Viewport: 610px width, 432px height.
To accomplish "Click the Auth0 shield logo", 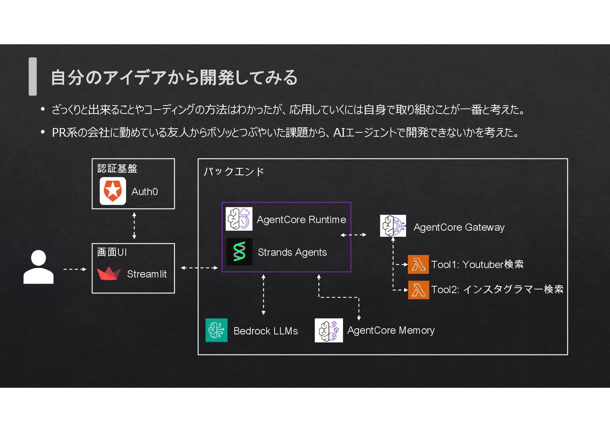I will (113, 191).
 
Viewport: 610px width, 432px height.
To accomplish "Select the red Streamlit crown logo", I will (109, 273).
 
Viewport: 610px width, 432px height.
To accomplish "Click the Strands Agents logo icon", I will (239, 252).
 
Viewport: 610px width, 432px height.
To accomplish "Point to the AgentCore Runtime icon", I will (239, 219).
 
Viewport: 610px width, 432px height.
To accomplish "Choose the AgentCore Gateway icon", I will (393, 226).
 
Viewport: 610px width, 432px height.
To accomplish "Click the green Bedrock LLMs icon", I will (217, 330).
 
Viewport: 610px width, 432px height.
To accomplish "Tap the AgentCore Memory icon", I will (329, 330).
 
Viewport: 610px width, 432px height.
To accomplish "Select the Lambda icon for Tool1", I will (418, 264).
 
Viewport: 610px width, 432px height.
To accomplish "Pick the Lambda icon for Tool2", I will (418, 290).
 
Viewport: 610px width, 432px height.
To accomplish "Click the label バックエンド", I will (234, 171).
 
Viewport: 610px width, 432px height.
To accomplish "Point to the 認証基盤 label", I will (117, 168).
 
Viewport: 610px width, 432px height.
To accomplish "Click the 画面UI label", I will (112, 252).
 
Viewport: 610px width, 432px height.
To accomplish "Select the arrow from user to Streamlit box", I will (75, 269).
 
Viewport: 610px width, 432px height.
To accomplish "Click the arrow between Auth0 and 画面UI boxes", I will (134, 226).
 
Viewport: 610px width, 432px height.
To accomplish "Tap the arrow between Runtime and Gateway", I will (353, 235).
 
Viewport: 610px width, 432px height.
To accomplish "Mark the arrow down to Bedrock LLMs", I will (263, 295).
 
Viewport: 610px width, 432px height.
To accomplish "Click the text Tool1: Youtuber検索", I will (477, 264).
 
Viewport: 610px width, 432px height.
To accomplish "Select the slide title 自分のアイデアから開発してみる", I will (174, 77).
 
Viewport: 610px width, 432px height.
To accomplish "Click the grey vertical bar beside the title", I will (33, 77).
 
